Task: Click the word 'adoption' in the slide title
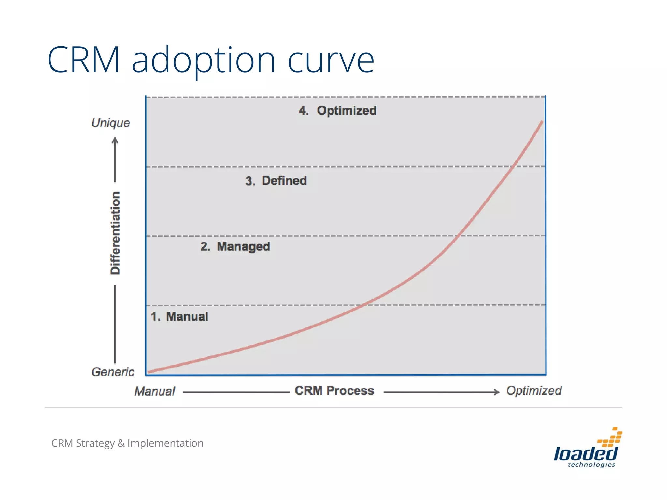coord(204,60)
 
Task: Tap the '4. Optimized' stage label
coord(337,111)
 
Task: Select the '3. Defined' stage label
coord(276,181)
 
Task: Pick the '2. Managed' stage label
coord(235,246)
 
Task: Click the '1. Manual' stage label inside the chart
coord(179,316)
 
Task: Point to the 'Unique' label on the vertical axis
coord(111,123)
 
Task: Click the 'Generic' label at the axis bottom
coord(113,372)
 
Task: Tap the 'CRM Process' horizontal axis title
coord(334,391)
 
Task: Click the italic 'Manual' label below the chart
coord(155,391)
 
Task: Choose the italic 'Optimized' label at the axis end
coord(534,391)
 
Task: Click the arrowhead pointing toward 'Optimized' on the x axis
coord(496,392)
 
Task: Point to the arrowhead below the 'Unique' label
coord(115,141)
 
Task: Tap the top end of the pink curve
coord(542,122)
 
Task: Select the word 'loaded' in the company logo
coord(585,453)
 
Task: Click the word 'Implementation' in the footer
coord(165,443)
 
